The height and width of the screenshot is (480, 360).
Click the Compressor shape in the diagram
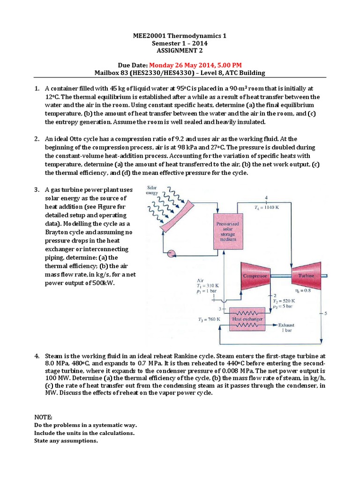[255, 277]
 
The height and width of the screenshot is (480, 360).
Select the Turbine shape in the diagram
[306, 277]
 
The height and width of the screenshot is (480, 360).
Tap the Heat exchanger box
[247, 319]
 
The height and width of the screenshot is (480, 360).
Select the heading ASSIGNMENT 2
[180, 51]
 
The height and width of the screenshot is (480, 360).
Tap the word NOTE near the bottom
[44, 417]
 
